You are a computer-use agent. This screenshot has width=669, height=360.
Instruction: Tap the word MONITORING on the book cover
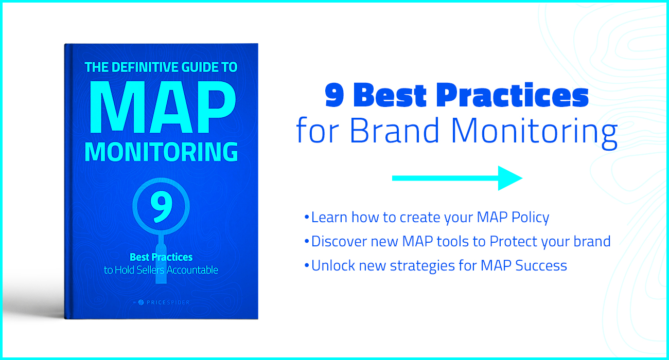click(161, 152)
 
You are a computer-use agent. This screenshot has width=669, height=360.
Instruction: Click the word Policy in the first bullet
click(530, 218)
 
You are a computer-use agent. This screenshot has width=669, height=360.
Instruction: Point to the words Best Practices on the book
click(161, 257)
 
